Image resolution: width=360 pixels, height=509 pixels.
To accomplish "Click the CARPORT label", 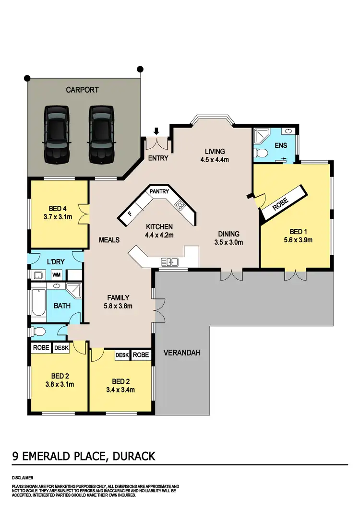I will [x=82, y=90].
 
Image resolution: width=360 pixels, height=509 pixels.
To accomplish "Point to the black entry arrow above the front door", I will [x=156, y=131].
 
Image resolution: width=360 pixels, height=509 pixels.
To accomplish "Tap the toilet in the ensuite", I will [x=260, y=153].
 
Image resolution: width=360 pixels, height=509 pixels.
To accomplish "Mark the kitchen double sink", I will [x=170, y=261].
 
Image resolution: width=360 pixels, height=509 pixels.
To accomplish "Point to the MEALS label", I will [x=109, y=240].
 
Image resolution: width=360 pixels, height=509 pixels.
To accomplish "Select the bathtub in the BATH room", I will [x=38, y=305].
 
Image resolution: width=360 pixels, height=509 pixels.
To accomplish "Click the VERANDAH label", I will [x=182, y=353].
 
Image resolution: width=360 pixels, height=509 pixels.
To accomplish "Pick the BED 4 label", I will [x=58, y=209].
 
